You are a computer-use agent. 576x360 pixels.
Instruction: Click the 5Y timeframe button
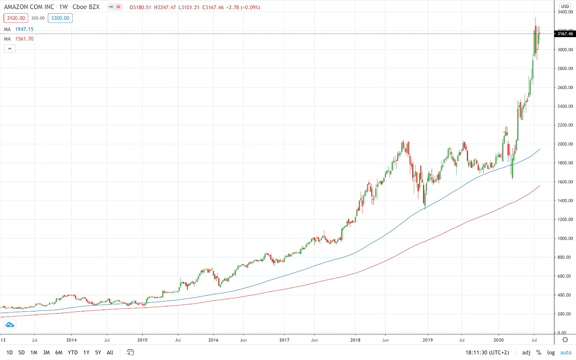(98, 352)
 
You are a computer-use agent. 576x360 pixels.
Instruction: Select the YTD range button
(73, 352)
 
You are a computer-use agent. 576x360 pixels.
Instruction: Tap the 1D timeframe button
(10, 352)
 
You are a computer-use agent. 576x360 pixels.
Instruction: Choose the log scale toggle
(551, 352)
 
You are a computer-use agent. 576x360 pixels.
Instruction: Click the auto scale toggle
(566, 352)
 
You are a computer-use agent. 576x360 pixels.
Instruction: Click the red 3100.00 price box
(16, 18)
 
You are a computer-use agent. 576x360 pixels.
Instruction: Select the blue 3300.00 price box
(60, 18)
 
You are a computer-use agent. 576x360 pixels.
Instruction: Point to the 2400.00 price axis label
(565, 106)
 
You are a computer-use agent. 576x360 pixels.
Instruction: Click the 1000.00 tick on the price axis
(565, 238)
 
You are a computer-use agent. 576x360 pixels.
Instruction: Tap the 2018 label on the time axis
(355, 340)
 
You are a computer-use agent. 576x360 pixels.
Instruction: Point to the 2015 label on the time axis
(142, 340)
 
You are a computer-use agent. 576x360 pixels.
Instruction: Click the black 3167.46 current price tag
(565, 34)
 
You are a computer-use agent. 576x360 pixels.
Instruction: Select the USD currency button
(565, 6)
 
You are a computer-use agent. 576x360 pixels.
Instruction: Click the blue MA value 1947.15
(24, 29)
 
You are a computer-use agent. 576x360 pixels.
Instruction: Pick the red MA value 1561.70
(24, 39)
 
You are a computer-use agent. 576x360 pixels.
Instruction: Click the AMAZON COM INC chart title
(29, 7)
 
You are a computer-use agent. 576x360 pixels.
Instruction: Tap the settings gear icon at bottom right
(565, 340)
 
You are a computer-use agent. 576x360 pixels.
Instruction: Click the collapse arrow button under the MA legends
(10, 49)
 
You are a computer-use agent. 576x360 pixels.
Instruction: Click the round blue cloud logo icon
(10, 325)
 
